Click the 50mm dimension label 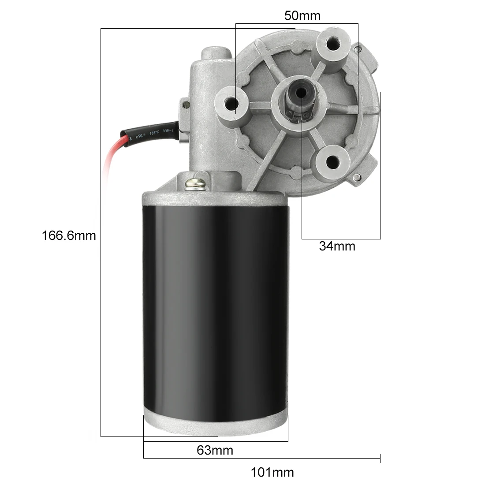(302, 16)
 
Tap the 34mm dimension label (337, 246)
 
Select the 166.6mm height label (69, 235)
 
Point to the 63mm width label (215, 450)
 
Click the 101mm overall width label (272, 473)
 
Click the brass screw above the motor (196, 183)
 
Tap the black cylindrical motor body (215, 309)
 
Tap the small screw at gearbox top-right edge (360, 48)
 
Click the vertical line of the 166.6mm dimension (101, 309)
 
